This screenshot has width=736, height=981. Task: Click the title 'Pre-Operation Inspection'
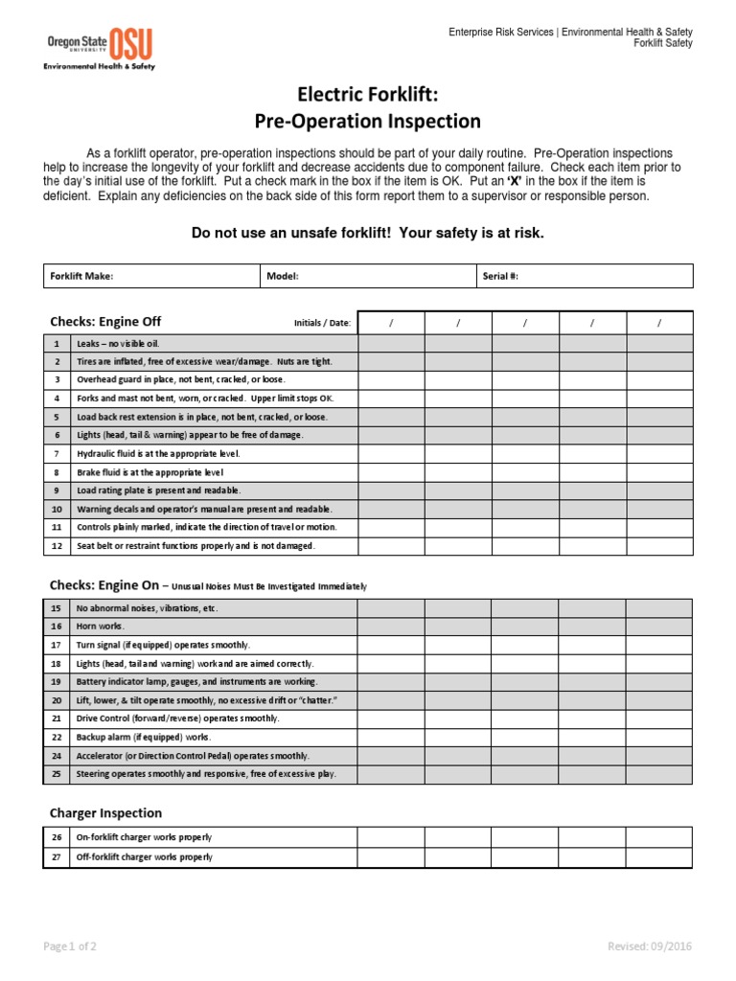367,121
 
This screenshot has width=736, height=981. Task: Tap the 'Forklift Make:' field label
81,276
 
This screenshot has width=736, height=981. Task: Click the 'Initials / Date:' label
322,323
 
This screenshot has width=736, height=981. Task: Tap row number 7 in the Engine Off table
57,453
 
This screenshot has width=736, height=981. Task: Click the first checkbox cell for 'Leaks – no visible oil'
391,343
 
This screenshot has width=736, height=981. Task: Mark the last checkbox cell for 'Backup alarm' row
658,737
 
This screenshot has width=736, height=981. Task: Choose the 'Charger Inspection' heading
105,812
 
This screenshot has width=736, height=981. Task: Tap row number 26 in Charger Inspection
57,837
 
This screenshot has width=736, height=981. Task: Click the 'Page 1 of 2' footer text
70,947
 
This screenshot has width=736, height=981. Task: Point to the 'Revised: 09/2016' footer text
650,947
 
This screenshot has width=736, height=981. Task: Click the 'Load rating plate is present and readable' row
146,490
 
